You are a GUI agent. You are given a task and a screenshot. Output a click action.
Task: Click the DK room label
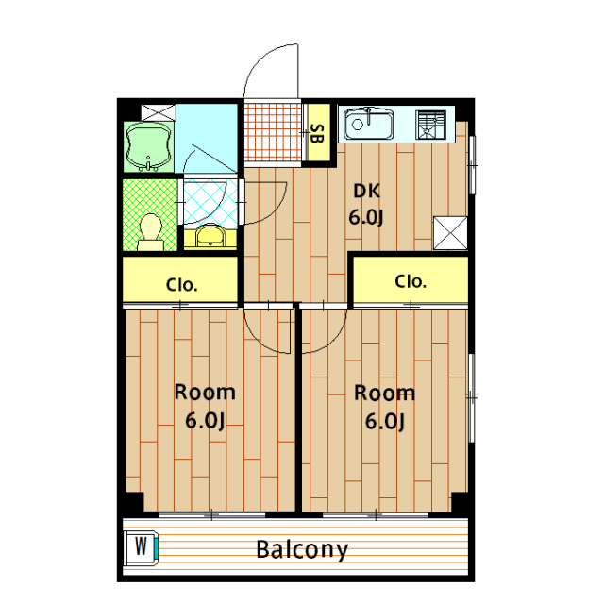coord(367,191)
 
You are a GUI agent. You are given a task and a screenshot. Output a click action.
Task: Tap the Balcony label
coord(302,550)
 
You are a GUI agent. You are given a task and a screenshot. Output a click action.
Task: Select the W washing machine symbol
coord(141,547)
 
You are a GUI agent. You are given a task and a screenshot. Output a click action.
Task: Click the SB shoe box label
coord(316,134)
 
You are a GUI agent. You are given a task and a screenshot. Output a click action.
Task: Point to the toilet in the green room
coord(151,233)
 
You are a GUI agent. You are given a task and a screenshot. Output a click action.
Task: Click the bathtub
coord(149,147)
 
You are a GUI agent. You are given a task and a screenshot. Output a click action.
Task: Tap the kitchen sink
coord(369,124)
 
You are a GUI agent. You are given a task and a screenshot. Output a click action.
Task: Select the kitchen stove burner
coord(430,125)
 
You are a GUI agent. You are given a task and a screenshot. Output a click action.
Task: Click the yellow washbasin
coord(210,236)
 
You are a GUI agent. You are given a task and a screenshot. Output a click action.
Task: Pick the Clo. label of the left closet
coord(181,285)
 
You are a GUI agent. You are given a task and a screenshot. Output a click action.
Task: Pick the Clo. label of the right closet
coord(411,281)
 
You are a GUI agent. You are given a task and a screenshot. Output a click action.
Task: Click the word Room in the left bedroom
coord(205,393)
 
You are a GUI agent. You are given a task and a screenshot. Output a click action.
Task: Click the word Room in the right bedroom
coord(384,394)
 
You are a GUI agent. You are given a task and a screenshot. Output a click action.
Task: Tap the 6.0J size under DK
coord(366,217)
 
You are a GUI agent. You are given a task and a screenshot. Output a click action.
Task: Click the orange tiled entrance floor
coord(273,132)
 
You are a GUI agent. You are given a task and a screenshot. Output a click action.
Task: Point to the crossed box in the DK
coord(450,233)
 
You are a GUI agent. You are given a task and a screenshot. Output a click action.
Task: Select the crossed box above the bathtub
coord(159,112)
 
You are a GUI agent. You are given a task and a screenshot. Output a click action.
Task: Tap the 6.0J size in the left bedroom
coord(205,420)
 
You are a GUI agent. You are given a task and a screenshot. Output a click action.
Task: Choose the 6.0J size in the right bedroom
coord(385,421)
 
